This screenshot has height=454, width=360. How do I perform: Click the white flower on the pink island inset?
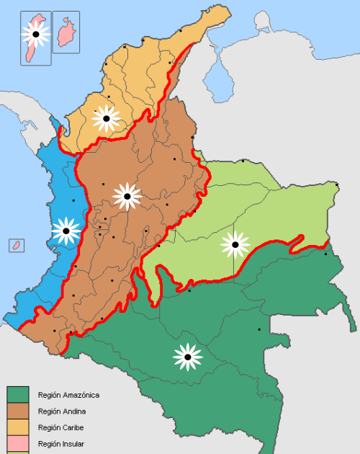[x=35, y=33]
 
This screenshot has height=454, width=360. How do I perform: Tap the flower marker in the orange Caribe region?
[x=107, y=118]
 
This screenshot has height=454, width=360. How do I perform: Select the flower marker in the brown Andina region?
[x=127, y=196]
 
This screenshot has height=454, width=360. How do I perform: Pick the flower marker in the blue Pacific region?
[x=66, y=231]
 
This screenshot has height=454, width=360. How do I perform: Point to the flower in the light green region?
[x=235, y=245]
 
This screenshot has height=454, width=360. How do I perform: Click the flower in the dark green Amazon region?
[x=188, y=356]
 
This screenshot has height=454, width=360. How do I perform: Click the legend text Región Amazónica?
[x=68, y=395]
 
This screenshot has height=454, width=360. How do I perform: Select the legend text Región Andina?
[x=62, y=411]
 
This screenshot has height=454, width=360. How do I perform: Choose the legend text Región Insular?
[x=61, y=444]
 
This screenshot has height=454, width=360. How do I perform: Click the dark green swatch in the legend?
[x=18, y=395]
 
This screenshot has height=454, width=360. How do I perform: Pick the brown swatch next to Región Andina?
[x=18, y=411]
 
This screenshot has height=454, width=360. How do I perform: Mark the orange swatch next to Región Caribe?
[x=18, y=428]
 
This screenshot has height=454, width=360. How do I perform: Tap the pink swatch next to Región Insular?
[x=18, y=444]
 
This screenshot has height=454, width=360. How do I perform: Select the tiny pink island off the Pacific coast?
[x=13, y=246]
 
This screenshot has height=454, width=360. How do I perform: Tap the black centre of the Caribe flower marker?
[x=107, y=118]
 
